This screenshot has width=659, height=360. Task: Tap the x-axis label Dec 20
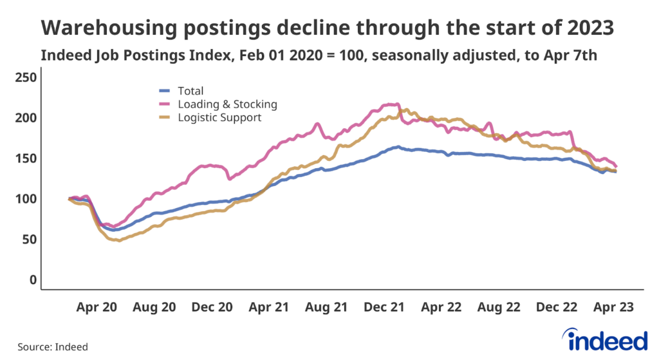(x=212, y=308)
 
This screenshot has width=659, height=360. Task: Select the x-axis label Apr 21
(x=268, y=308)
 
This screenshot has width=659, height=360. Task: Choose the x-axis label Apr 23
(x=612, y=308)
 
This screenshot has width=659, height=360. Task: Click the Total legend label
(x=190, y=91)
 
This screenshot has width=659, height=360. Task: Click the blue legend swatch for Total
(x=165, y=91)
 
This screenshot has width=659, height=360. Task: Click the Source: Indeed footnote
(x=53, y=346)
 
